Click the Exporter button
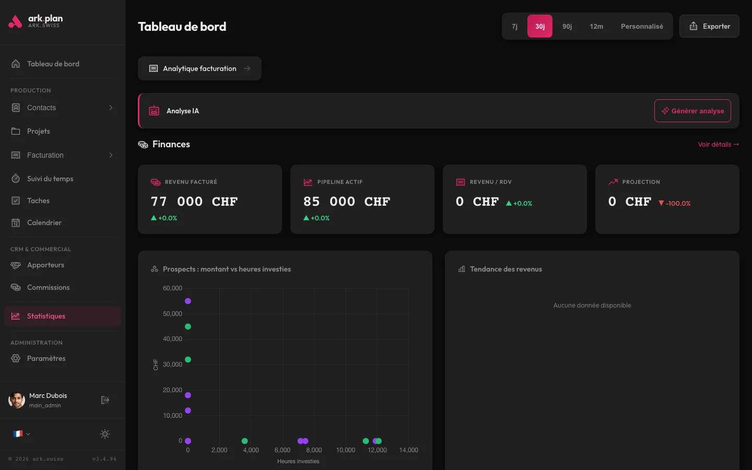coord(709,26)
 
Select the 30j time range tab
coord(539,26)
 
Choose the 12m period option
coord(596,26)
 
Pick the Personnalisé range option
coord(642,26)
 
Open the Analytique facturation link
coord(199,68)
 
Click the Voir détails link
coord(718,145)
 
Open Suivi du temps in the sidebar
coord(50,179)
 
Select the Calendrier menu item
coord(44,222)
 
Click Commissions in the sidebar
coord(48,287)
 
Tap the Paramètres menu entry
coord(46,358)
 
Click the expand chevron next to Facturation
coord(111,155)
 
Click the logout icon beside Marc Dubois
coord(105,400)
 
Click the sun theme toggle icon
coord(105,434)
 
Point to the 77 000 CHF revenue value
coord(194,202)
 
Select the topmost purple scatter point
coord(188,301)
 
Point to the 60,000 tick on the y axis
coord(172,288)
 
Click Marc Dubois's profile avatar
coord(17,400)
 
